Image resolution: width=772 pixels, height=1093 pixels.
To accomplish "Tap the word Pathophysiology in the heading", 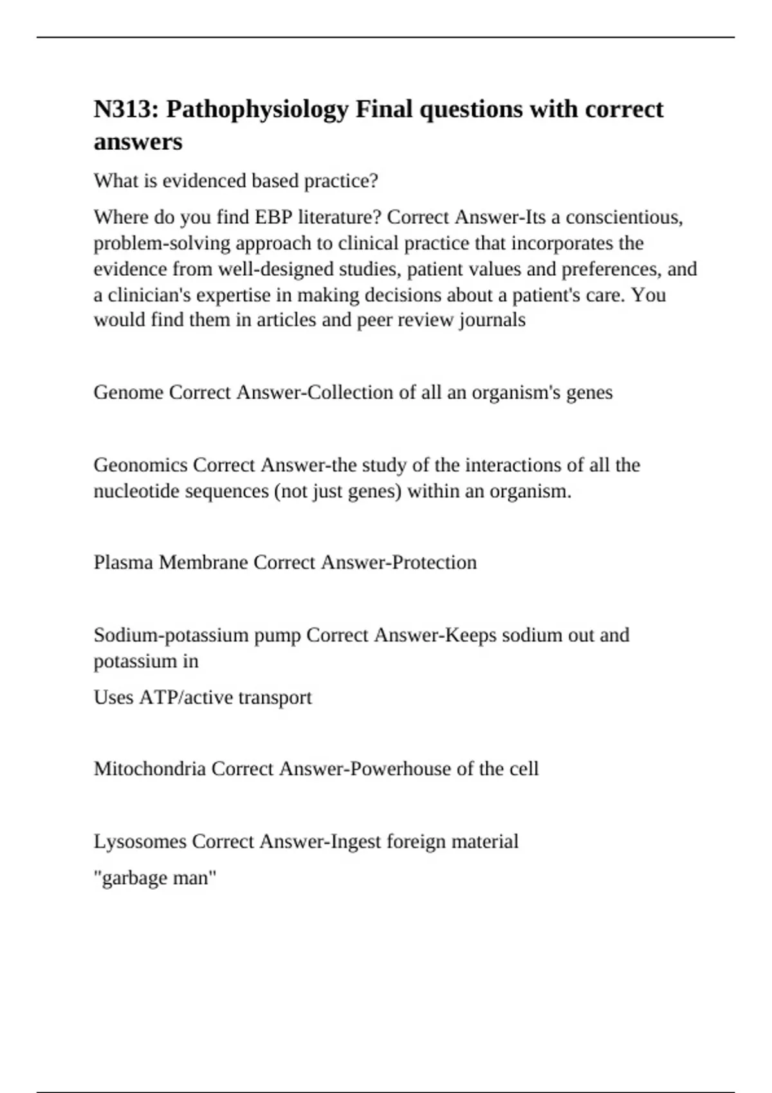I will pyautogui.click(x=257, y=110).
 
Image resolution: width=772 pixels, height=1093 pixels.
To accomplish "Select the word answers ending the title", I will pyautogui.click(x=138, y=142).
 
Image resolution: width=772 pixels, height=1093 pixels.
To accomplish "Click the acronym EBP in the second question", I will pyautogui.click(x=273, y=217).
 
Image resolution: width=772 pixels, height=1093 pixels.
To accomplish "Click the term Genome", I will pyautogui.click(x=129, y=392).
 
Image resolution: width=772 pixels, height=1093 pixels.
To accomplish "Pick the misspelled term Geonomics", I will pyautogui.click(x=141, y=465).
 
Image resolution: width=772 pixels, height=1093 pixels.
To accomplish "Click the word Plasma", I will pyautogui.click(x=124, y=563).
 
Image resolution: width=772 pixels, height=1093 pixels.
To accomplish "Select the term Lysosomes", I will pyautogui.click(x=140, y=842).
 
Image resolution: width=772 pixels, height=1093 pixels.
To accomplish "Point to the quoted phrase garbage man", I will pyautogui.click(x=155, y=878).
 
